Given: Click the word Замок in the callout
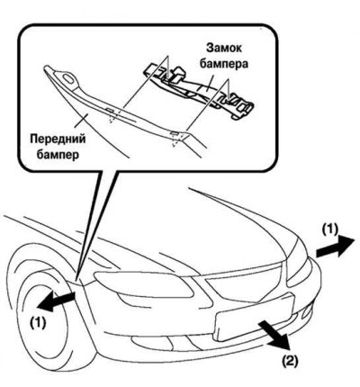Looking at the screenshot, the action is tap(223, 49).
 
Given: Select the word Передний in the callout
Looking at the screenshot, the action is tap(58, 139).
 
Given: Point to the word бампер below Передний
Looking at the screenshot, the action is tap(58, 155).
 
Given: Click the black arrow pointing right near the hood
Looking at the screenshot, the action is tap(335, 247).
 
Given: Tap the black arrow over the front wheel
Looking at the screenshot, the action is tap(56, 301).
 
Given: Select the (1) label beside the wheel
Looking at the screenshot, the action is tap(38, 322).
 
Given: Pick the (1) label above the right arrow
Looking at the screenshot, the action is tap(329, 229).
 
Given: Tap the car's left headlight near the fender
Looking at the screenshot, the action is tap(144, 285).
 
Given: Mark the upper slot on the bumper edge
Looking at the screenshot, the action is tap(110, 111).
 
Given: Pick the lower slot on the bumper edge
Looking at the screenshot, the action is tap(174, 132).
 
